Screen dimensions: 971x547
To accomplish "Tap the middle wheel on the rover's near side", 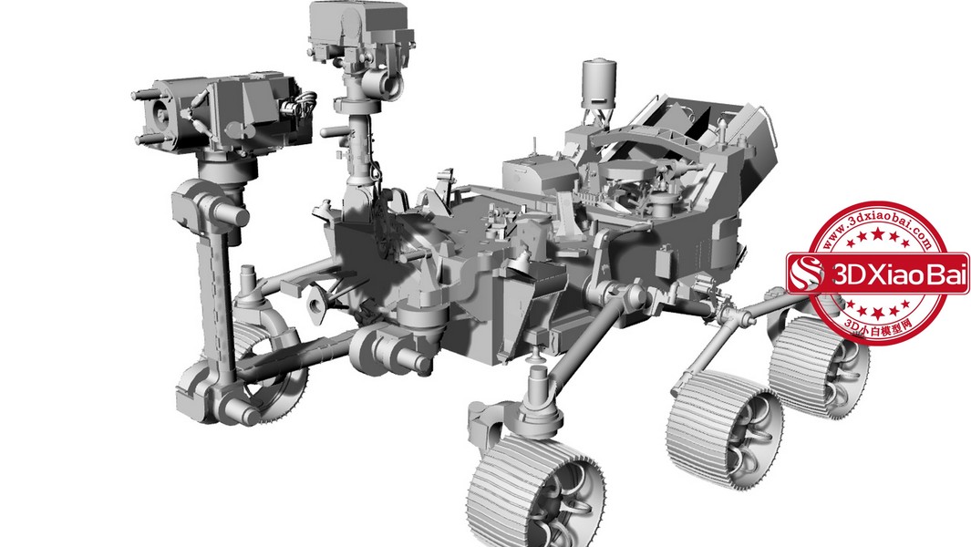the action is (x=725, y=430).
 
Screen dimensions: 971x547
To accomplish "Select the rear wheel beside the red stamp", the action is (x=818, y=366).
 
